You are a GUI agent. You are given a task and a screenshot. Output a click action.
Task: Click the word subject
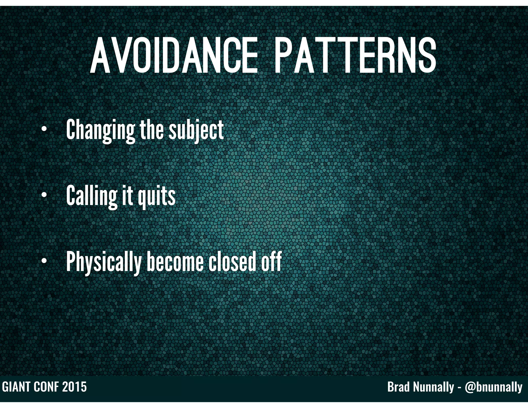pos(196,130)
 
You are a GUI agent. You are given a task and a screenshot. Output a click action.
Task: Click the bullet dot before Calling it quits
pos(44,195)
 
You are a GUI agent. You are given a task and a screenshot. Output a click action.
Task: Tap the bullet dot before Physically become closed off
pos(44,261)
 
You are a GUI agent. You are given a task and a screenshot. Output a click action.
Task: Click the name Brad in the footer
pos(398,387)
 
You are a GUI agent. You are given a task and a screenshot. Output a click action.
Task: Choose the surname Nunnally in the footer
pos(433,387)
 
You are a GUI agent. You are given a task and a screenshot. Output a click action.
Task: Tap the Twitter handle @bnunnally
pos(493,387)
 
